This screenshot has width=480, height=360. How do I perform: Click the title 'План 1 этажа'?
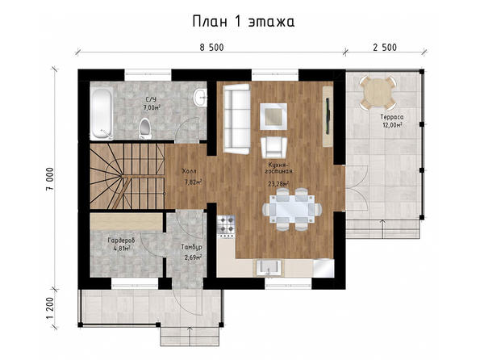click(x=244, y=22)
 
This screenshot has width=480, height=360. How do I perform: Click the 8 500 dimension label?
click(x=212, y=48)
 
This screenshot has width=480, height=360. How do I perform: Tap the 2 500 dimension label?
click(x=385, y=48)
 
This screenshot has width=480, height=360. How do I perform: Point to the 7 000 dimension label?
click(x=50, y=178)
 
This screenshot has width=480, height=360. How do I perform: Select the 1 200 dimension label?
click(x=50, y=308)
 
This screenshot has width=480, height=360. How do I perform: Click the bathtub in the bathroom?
click(x=102, y=112)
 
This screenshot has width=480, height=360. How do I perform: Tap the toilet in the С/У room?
click(x=144, y=128)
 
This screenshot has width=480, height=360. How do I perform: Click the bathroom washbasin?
click(x=200, y=97)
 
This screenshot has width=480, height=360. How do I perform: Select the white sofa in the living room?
click(x=236, y=119)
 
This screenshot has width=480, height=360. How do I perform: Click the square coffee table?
click(x=273, y=116)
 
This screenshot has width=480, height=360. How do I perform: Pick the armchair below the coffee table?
click(x=273, y=148)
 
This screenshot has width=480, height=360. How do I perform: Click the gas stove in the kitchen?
click(x=226, y=225)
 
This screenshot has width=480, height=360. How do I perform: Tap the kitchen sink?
click(x=269, y=267)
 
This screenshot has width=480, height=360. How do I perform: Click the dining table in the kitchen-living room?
click(x=292, y=209)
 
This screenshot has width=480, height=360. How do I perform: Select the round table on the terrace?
click(x=378, y=93)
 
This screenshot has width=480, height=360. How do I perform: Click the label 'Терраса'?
click(x=392, y=117)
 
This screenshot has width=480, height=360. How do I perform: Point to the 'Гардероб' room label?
click(x=122, y=241)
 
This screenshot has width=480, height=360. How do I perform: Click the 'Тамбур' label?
click(x=191, y=247)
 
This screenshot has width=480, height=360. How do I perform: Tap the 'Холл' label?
click(x=190, y=170)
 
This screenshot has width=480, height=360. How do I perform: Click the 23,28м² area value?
click(x=278, y=184)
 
